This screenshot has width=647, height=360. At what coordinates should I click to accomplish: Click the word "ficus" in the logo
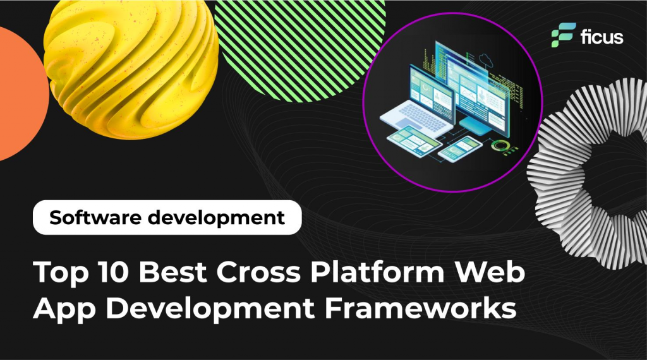coord(602,37)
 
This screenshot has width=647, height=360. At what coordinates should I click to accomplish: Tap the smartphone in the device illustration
coord(459,148)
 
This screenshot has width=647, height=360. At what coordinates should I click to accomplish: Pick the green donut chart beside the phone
coord(500,145)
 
